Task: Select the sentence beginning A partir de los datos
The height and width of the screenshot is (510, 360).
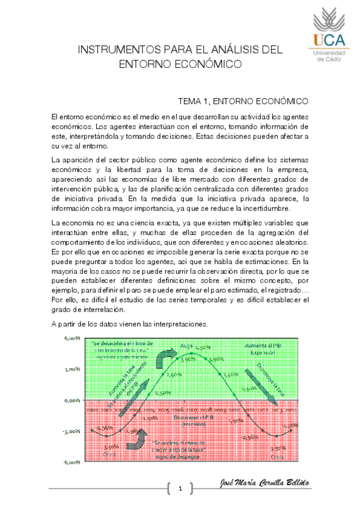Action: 129,324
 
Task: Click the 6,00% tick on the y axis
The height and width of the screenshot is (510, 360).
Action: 72,337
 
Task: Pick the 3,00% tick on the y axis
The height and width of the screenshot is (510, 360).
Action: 72,369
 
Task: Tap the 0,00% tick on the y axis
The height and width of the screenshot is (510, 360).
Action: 72,399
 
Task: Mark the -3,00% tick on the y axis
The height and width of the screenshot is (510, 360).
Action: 72,431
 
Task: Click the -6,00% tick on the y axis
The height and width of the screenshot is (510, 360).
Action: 72,462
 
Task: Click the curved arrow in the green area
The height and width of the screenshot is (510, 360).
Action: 146,359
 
